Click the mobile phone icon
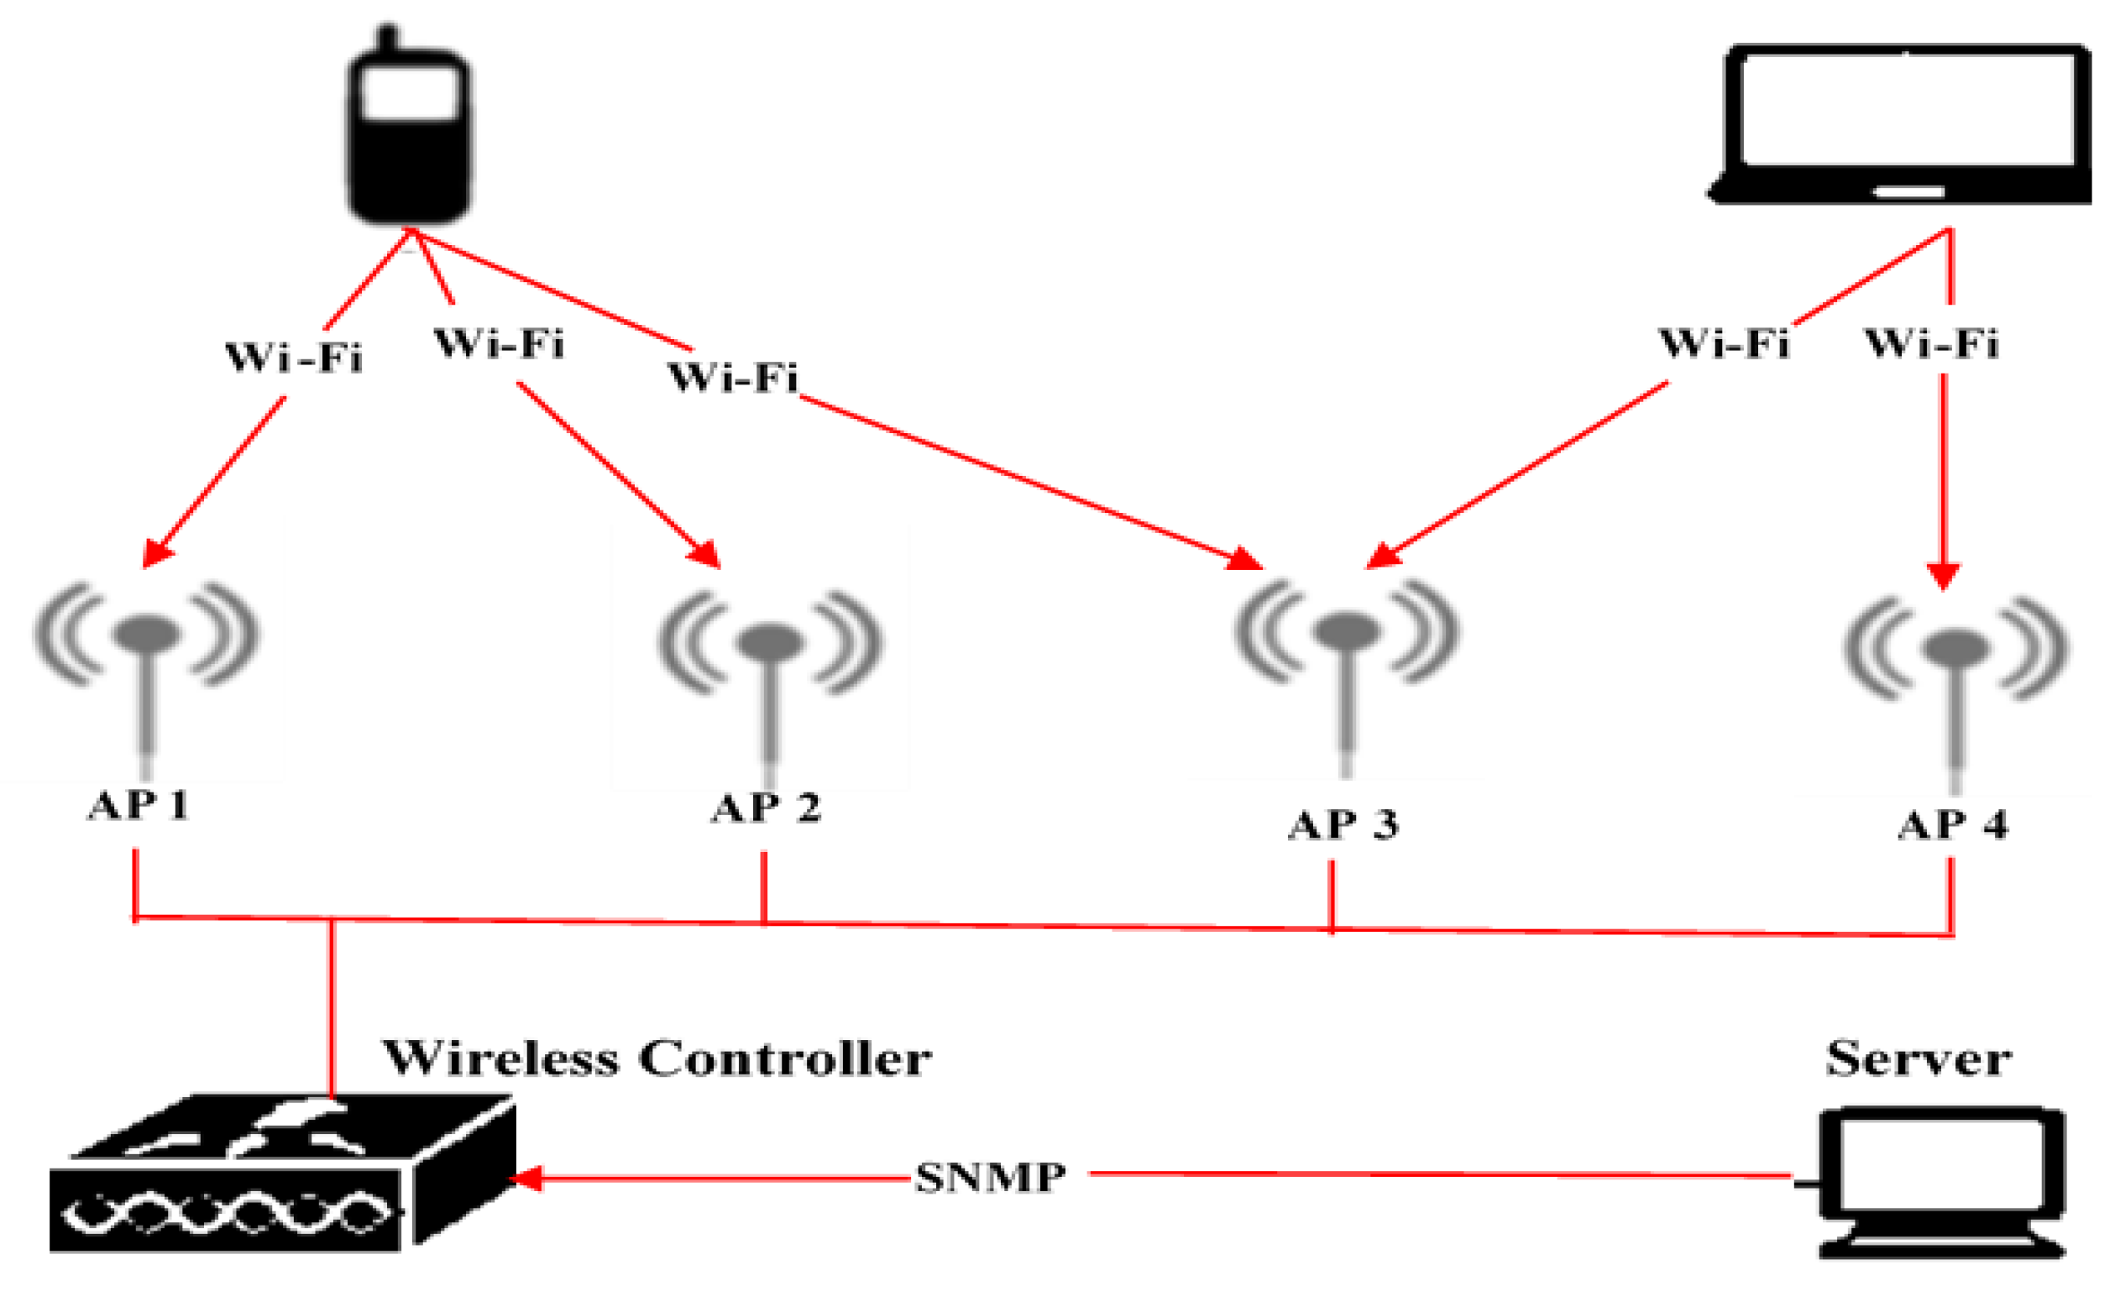click(x=409, y=130)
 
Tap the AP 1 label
click(x=138, y=805)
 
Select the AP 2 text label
click(x=765, y=808)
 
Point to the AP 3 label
click(x=1342, y=823)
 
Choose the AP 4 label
click(x=1953, y=823)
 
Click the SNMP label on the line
click(x=990, y=1178)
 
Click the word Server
click(x=1918, y=1058)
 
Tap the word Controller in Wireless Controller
click(x=784, y=1058)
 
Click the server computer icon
click(x=1941, y=1180)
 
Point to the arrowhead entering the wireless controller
click(x=525, y=1178)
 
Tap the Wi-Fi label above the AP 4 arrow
click(x=1931, y=343)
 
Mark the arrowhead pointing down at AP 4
click(x=1942, y=575)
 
